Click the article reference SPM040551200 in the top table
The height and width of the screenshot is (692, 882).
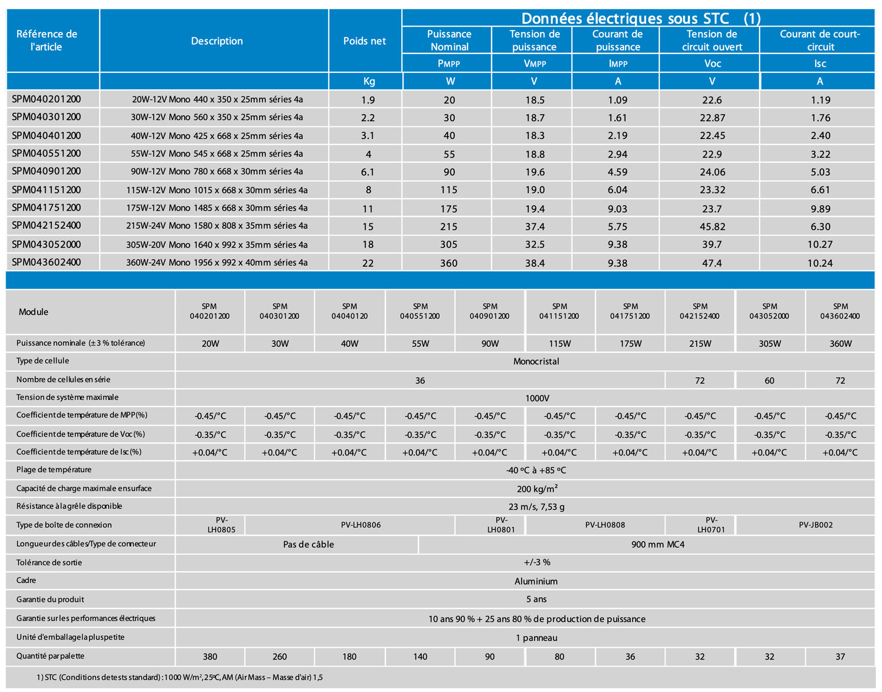[x=46, y=153]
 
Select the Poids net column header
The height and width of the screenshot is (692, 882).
[x=364, y=41]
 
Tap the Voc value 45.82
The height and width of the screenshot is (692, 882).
[x=712, y=227]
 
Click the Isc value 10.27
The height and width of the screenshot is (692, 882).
[x=820, y=244]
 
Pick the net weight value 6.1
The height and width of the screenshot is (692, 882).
[x=368, y=172]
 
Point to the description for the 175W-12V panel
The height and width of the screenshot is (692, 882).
[x=217, y=208]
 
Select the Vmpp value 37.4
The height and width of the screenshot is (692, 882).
[x=535, y=227]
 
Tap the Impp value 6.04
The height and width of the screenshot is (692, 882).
[x=617, y=190]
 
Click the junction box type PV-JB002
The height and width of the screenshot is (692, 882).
[x=815, y=525]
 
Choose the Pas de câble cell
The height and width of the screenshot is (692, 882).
[x=308, y=544]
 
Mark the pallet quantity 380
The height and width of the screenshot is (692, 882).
[x=210, y=657]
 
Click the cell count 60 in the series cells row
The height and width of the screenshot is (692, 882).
[x=770, y=380]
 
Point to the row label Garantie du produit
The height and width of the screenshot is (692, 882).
[x=50, y=599]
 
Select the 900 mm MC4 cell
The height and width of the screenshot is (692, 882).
[x=658, y=544]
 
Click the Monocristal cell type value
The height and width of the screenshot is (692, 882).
[x=536, y=362]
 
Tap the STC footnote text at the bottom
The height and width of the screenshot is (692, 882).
[x=180, y=677]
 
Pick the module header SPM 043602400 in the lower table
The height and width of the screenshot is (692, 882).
[x=840, y=311]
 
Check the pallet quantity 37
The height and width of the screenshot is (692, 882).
[x=840, y=657]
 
